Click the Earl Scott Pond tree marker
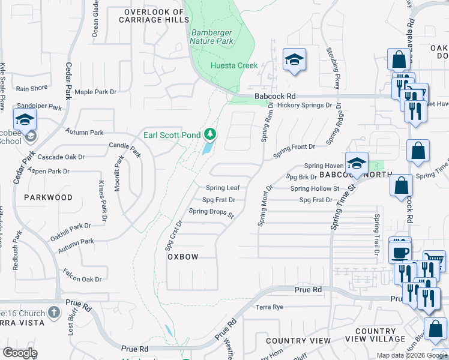pos(209,133)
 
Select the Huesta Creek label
pos(234,65)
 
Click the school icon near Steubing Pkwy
pos(295,60)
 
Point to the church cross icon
pos(54,313)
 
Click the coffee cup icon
pos(400,251)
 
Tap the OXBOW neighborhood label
pos(182,256)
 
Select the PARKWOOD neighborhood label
pos(48,197)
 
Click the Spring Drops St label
pos(211,211)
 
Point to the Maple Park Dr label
pos(95,92)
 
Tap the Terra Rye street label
pos(269,307)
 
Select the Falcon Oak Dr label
pos(82,279)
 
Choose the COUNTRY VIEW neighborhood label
pos(299,340)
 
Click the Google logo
pos(20,352)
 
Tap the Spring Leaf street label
pos(223,188)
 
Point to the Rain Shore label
pos(32,88)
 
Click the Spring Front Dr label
pos(294,147)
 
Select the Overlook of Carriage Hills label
pos(152,16)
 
